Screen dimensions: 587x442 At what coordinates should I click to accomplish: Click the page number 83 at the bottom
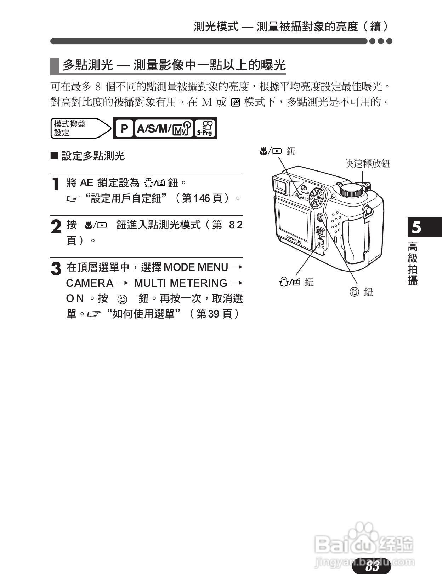tap(372, 566)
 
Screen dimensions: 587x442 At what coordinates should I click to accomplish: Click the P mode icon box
tap(124, 128)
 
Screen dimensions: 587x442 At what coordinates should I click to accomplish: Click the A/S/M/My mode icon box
tap(164, 128)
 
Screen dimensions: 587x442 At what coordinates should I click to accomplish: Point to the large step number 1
tap(55, 184)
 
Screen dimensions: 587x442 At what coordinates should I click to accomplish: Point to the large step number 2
tap(56, 226)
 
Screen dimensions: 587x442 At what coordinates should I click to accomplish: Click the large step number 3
tap(56, 269)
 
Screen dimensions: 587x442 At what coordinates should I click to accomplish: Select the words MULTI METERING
tap(181, 283)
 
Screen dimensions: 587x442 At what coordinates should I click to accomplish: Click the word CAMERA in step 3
tap(90, 283)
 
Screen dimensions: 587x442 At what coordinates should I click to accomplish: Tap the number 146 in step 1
tap(202, 198)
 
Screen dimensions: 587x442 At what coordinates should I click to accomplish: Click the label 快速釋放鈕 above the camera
tap(367, 164)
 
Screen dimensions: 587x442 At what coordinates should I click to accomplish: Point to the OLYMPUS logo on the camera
tap(294, 239)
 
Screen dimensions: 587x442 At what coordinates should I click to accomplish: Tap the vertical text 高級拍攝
tap(413, 263)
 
